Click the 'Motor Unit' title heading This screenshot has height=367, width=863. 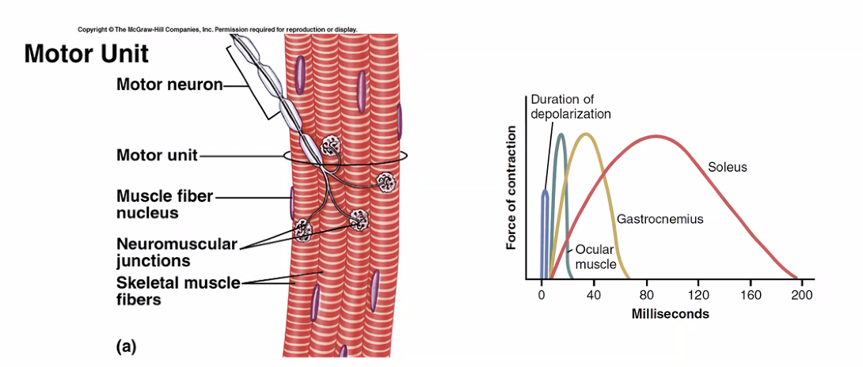click(86, 54)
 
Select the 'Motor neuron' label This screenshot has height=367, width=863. click(169, 85)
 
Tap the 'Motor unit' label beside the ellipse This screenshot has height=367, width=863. click(157, 155)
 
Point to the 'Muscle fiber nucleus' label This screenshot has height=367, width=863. click(165, 204)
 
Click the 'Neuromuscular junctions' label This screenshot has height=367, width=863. click(177, 252)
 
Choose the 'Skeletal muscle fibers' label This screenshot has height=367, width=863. click(178, 291)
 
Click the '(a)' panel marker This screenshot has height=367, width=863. click(127, 346)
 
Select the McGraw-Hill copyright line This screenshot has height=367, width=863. click(217, 29)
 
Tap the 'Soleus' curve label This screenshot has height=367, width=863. click(728, 167)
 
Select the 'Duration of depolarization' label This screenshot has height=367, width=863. click(571, 106)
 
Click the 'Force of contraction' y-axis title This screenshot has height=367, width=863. click(511, 187)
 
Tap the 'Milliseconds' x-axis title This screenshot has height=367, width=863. click(670, 314)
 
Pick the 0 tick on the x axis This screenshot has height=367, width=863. click(542, 295)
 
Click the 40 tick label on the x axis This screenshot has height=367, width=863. click(593, 295)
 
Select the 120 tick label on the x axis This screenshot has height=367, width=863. click(698, 295)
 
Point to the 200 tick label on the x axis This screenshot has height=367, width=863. click(801, 295)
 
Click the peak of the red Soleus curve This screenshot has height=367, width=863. click(656, 136)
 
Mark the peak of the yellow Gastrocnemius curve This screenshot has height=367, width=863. click(586, 134)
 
